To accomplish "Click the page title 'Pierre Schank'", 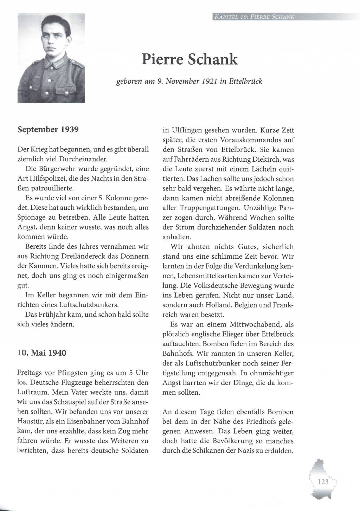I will [x=190, y=59].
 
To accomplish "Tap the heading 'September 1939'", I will [x=48, y=129].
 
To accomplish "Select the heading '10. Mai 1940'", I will [x=42, y=352].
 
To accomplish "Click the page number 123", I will [x=323, y=481].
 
